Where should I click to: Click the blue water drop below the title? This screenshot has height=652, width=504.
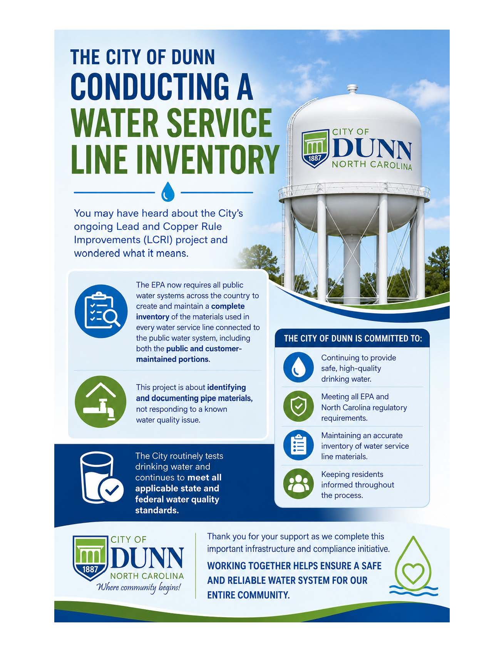(x=167, y=191)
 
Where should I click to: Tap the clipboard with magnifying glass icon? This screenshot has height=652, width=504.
(x=100, y=311)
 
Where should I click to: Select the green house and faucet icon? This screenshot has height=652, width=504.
(x=100, y=401)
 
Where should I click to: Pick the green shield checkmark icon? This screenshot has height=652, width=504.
(x=298, y=406)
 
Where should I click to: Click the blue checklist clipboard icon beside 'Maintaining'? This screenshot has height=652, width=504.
(x=298, y=445)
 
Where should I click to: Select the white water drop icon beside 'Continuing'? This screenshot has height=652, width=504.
(x=298, y=367)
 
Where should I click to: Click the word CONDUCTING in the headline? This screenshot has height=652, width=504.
(x=162, y=87)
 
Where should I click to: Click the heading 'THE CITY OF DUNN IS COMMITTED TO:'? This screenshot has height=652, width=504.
(x=353, y=339)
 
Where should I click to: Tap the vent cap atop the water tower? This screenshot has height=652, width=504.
(x=352, y=90)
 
